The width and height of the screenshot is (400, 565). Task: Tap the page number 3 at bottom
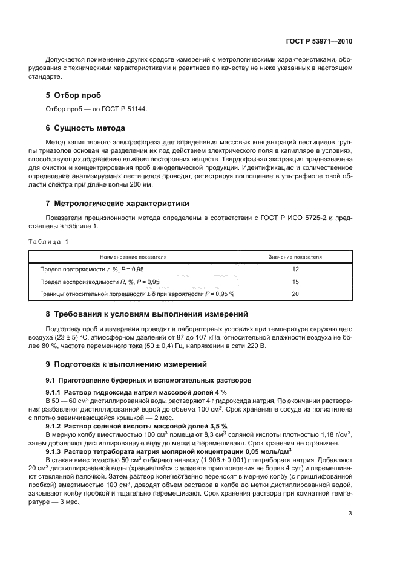[350, 514]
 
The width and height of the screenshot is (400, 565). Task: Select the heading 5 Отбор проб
[74, 95]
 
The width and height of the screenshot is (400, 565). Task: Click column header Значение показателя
[295, 257]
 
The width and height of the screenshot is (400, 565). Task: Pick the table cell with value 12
[295, 269]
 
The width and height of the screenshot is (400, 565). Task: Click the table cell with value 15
[295, 282]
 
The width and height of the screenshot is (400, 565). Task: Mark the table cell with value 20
[295, 294]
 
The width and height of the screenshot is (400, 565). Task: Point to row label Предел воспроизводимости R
[100, 282]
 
